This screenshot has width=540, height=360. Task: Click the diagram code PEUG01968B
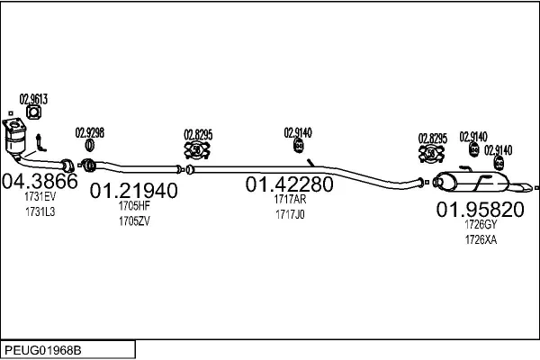click(43, 351)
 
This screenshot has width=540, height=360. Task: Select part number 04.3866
click(40, 181)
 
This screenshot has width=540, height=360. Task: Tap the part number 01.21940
click(133, 191)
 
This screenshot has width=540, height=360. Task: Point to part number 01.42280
click(289, 184)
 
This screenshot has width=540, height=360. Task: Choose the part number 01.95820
click(481, 210)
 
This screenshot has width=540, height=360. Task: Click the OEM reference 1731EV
click(40, 197)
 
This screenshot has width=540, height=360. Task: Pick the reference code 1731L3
click(40, 211)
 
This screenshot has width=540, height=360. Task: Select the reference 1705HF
click(134, 206)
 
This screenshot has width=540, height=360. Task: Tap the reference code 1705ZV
click(134, 221)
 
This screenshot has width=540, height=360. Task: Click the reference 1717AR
click(290, 200)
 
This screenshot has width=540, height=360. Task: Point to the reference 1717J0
click(290, 214)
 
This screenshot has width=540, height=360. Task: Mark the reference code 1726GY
click(481, 225)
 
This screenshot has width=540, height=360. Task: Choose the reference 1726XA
click(481, 239)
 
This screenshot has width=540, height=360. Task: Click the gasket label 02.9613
click(33, 99)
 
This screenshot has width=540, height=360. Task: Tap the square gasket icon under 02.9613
click(34, 112)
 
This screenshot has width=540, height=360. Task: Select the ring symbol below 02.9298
click(89, 145)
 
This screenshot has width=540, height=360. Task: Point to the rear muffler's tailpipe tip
click(529, 186)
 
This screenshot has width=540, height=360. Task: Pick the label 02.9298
click(89, 133)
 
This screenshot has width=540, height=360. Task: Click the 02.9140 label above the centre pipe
click(298, 133)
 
